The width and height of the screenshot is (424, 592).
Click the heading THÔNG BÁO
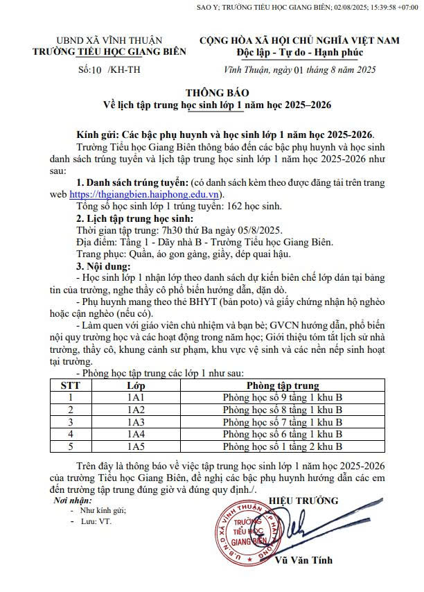(217, 92)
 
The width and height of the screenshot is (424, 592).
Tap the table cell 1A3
(136, 421)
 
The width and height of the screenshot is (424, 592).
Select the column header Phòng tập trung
(283, 385)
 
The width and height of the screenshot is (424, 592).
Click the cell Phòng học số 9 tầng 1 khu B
(283, 398)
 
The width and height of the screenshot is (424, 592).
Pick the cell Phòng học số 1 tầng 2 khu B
(283, 446)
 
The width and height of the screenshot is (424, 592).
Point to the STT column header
(70, 385)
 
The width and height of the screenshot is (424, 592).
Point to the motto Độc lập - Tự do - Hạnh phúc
(299, 53)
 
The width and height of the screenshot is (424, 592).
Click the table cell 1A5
(136, 446)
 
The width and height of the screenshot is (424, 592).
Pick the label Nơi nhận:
(71, 500)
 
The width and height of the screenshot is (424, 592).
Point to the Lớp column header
(136, 385)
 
